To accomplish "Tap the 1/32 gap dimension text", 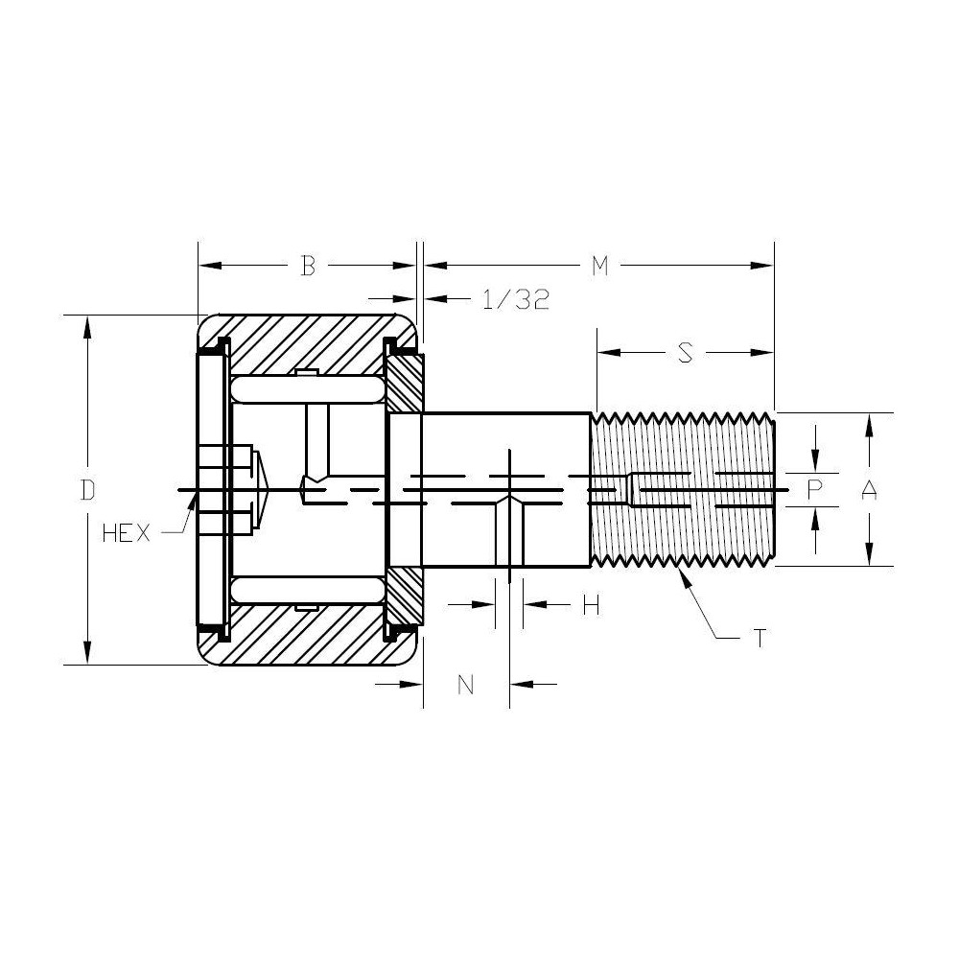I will (x=515, y=299).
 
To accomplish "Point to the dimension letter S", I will (x=685, y=353).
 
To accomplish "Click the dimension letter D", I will (x=87, y=490).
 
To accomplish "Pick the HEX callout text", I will (x=126, y=534).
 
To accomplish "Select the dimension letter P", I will (x=814, y=490).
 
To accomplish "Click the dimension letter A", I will (x=869, y=490).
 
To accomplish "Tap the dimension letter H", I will (x=592, y=605).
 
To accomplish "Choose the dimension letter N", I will (x=466, y=684).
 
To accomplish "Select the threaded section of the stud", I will (x=683, y=490).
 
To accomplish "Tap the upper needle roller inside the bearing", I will (x=306, y=390).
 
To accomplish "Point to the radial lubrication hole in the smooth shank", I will (x=509, y=532).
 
